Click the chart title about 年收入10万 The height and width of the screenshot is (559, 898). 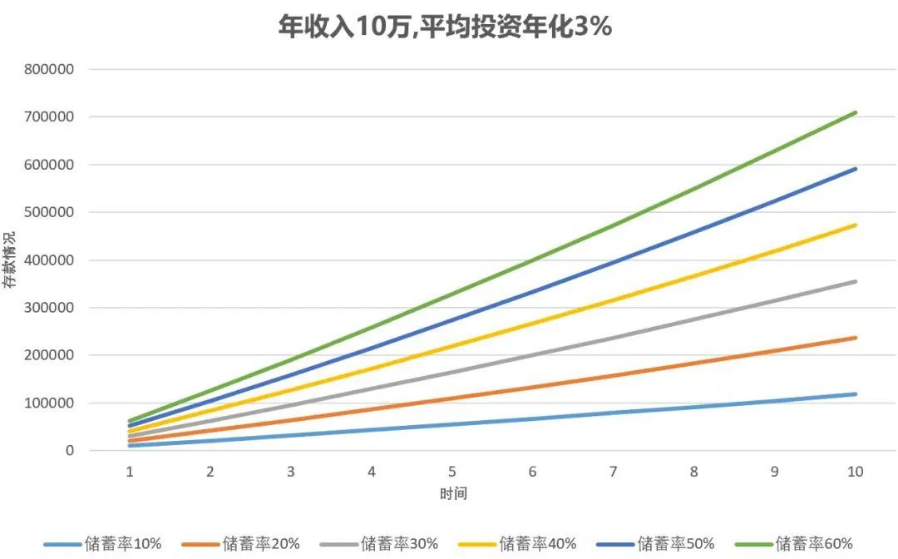446,27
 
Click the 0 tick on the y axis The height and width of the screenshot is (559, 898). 70,451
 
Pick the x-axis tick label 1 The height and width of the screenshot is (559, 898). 130,472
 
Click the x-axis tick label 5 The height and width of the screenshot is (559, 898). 452,472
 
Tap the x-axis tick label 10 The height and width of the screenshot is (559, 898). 856,472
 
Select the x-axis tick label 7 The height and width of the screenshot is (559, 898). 614,472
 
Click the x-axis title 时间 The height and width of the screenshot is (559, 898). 453,494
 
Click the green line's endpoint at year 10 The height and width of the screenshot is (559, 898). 856,112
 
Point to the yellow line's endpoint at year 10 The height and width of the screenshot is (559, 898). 856,225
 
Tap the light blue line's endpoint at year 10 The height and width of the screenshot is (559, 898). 856,394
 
